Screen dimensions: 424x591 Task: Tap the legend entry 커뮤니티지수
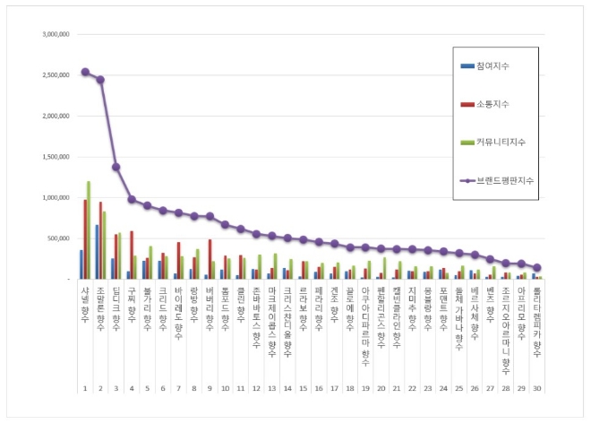pos(499,143)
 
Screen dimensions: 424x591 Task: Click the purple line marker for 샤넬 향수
pos(84,72)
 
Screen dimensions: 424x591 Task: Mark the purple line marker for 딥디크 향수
pos(116,167)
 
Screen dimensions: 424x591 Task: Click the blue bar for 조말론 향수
pos(97,252)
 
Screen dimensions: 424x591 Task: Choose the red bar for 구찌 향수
pos(132,255)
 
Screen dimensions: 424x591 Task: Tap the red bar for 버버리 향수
pos(210,259)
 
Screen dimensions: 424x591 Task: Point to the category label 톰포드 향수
pos(225,304)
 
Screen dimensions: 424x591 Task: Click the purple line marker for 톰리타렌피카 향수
pos(537,267)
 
